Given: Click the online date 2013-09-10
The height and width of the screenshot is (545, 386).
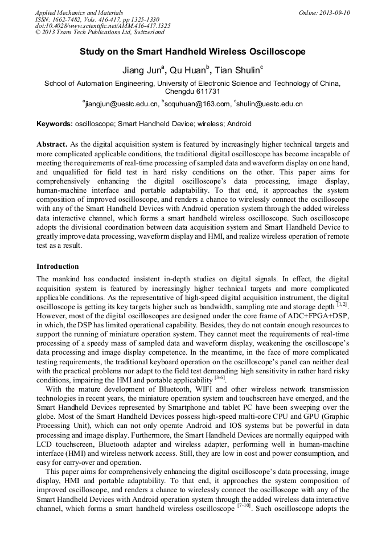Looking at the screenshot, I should pyautogui.click(x=335, y=13).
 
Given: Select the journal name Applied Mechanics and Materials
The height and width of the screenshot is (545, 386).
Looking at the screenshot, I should pyautogui.click(x=79, y=13).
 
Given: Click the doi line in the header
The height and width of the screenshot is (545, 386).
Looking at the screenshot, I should pyautogui.click(x=102, y=26).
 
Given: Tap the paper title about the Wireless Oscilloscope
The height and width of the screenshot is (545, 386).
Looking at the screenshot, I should pyautogui.click(x=192, y=52).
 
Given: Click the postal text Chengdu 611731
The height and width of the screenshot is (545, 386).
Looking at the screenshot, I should pyautogui.click(x=192, y=91).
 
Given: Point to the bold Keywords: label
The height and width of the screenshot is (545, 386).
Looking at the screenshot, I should pyautogui.click(x=55, y=123).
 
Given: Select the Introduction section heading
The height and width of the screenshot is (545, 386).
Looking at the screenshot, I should pyautogui.click(x=58, y=266).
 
